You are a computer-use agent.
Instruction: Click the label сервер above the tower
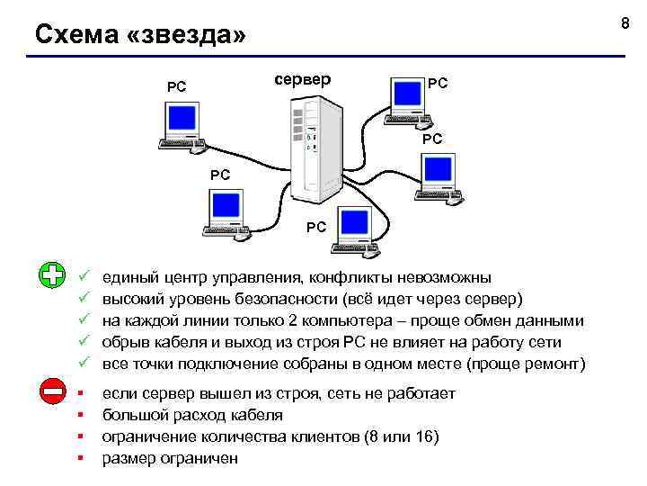coord(301,79)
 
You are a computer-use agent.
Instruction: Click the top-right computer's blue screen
coord(406,94)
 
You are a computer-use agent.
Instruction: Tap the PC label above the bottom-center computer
coord(316,228)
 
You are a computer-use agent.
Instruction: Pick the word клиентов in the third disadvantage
coord(319,437)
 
